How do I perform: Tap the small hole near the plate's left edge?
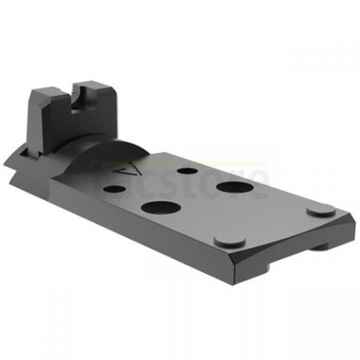point(112,189)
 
